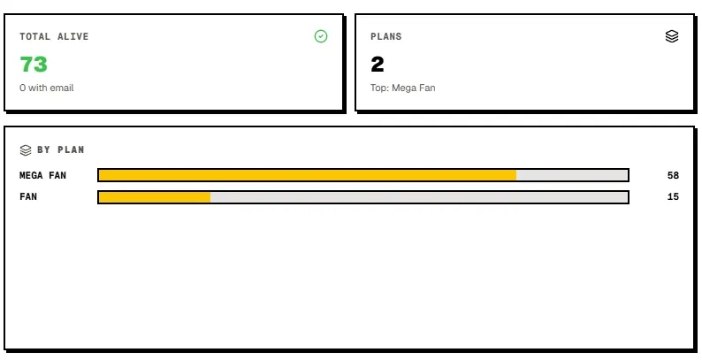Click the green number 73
tap(34, 64)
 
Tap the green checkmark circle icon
tap(321, 36)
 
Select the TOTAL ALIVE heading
tap(54, 37)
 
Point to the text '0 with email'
tap(47, 88)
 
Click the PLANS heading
tap(385, 37)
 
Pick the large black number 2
tap(378, 64)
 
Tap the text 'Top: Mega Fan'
tap(403, 88)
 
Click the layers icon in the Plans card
tap(672, 36)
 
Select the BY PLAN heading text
tap(61, 149)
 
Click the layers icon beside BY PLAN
tap(26, 150)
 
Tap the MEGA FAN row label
tap(43, 175)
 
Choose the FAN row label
tap(28, 197)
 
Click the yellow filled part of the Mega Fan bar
tap(308, 175)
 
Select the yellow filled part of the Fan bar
tap(155, 197)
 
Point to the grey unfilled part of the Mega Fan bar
tap(572, 175)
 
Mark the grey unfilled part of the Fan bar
tap(419, 197)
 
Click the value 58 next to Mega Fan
tap(673, 175)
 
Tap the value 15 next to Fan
tap(673, 197)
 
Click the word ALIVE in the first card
tap(73, 37)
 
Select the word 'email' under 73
tap(62, 88)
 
